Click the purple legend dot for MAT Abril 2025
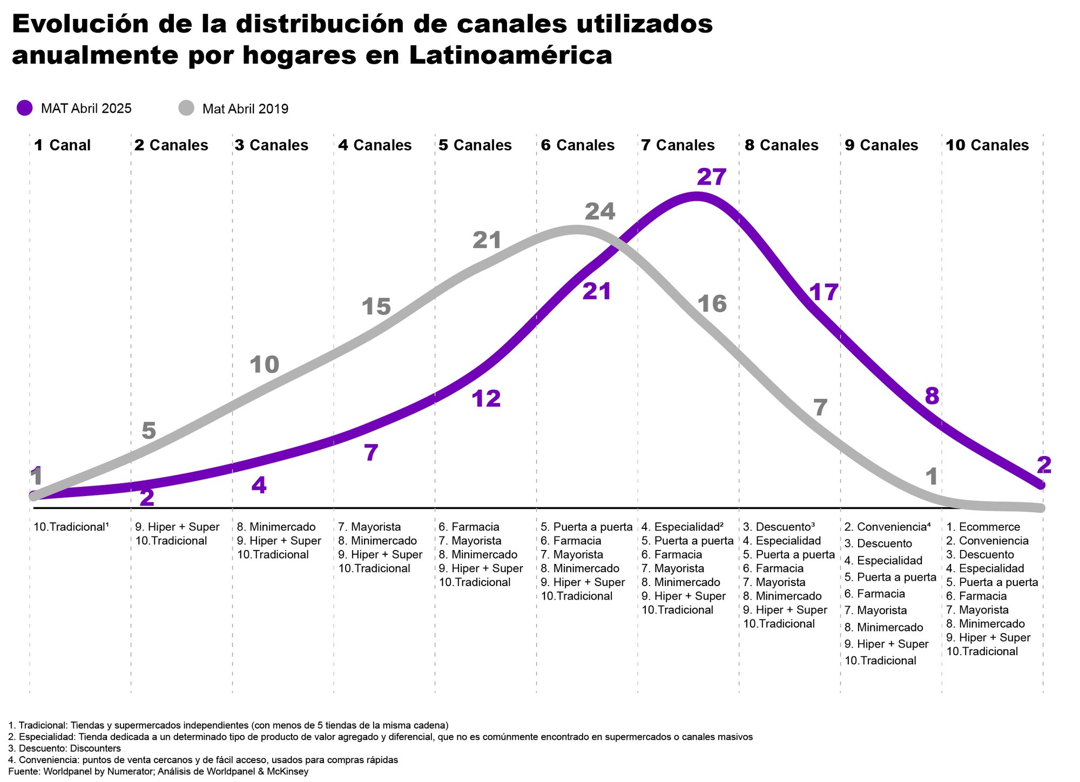[25, 108]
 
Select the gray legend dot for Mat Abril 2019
[186, 108]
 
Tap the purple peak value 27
[712, 177]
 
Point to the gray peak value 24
[600, 212]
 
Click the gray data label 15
[376, 307]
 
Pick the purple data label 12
[487, 399]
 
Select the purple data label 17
[824, 293]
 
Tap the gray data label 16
[712, 304]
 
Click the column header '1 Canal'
[62, 145]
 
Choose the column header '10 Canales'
[987, 145]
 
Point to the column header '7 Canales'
[678, 145]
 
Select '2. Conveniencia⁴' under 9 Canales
[887, 527]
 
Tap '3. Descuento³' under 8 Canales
[779, 527]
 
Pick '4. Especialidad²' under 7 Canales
[682, 527]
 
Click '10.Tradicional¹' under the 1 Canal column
[71, 527]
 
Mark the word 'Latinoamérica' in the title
[511, 56]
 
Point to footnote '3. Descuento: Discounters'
[65, 749]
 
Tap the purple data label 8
[932, 397]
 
